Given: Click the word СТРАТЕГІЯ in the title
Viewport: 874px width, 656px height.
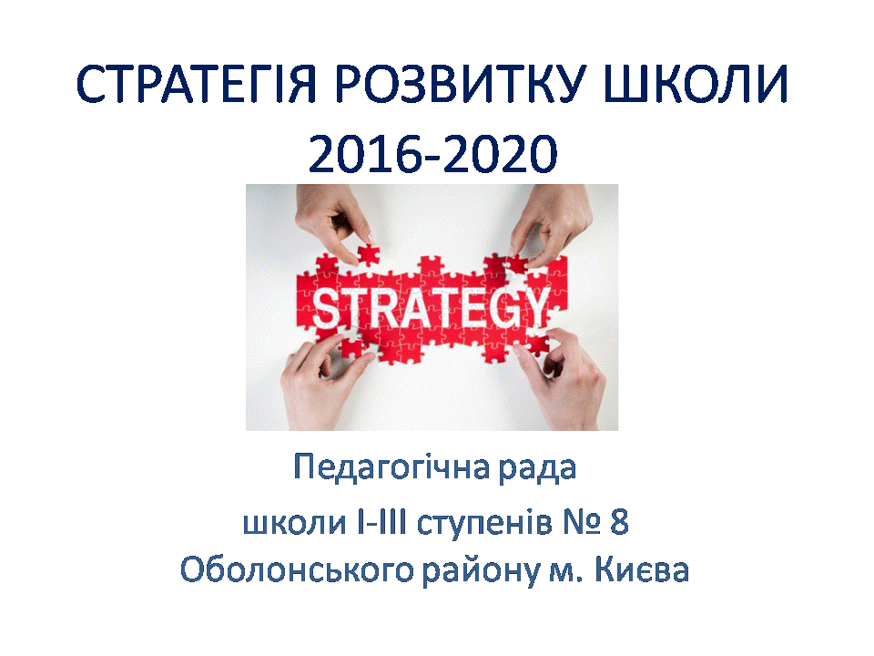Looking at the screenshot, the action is point(197,85).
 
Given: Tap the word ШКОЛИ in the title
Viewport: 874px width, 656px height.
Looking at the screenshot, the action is point(696,85).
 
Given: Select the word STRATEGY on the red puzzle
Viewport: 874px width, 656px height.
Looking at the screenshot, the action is point(430,308).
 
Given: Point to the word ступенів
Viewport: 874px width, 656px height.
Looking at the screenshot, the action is point(484,526).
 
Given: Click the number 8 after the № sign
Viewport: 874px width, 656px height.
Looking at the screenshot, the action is point(619,522).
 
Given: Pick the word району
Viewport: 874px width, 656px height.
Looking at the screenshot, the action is point(481,573).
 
